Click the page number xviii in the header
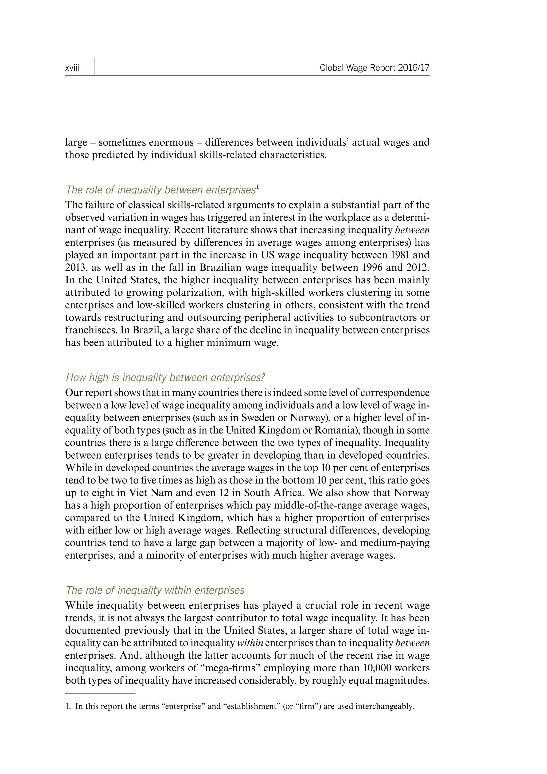click(x=72, y=68)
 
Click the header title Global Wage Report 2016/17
click(x=374, y=68)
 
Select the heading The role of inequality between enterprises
click(x=161, y=190)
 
